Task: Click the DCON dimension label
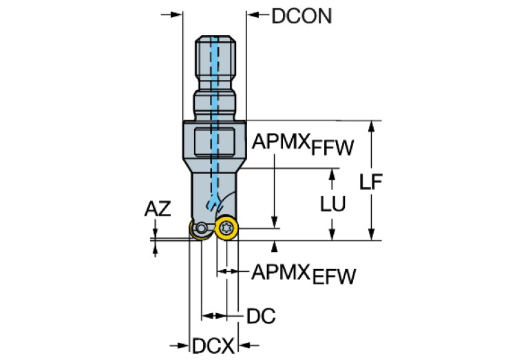301,16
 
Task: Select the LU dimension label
333,204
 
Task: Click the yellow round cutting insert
226,228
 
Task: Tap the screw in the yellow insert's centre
226,228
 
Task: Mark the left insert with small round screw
200,230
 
